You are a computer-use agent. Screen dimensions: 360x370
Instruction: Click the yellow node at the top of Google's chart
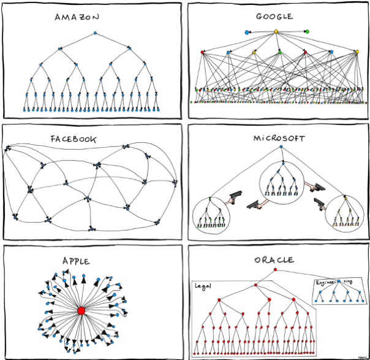tap(276, 31)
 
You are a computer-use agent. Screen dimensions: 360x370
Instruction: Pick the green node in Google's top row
tap(307, 32)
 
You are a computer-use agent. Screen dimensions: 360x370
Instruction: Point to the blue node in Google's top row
tap(247, 32)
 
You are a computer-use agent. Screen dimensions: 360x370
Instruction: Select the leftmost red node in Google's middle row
tap(203, 52)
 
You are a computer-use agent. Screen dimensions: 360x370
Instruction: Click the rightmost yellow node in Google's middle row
tap(357, 52)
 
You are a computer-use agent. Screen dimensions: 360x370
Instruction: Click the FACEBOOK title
tap(73, 139)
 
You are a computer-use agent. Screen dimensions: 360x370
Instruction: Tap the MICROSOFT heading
tap(279, 138)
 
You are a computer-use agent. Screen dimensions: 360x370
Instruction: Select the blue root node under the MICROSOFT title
tap(280, 148)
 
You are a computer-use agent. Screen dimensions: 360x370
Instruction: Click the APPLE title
tap(75, 261)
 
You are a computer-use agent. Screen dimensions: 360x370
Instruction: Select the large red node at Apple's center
tap(80, 311)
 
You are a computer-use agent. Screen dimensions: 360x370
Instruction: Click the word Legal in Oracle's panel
tap(203, 286)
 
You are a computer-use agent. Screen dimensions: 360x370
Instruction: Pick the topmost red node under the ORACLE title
tap(275, 269)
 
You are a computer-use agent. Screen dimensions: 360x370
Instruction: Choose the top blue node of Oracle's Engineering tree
tap(338, 281)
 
